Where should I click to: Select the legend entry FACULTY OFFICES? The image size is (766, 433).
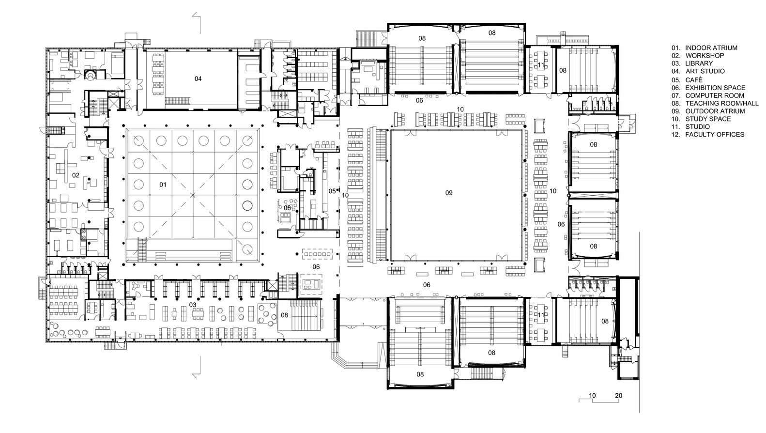714,135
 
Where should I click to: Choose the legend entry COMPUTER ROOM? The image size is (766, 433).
711,96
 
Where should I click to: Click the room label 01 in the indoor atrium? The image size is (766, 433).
163,185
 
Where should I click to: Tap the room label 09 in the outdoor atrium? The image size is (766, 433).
449,193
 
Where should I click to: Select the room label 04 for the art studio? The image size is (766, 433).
198,78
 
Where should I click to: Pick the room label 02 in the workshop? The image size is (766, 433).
75,175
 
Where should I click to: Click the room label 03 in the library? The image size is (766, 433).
192,305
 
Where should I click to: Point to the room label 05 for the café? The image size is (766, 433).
332,191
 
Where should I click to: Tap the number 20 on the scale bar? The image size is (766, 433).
618,396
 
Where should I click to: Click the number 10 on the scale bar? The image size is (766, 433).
592,396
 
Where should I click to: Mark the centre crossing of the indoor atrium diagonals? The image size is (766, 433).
193,195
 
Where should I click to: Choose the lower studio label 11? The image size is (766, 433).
541,315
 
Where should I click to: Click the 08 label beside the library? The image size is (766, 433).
285,315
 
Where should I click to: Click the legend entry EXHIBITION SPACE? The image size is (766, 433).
715,88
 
